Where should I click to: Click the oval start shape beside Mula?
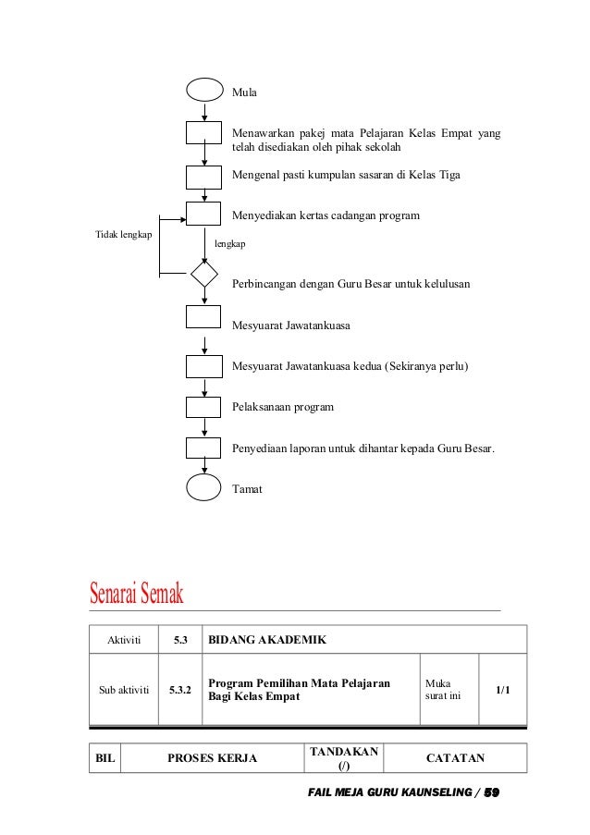click(x=203, y=92)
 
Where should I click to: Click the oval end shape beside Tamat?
click(x=203, y=487)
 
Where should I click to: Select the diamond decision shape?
click(x=203, y=275)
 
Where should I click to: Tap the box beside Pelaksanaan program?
click(x=203, y=407)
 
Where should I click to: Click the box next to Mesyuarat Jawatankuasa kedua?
click(x=203, y=366)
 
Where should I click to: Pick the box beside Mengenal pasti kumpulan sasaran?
click(x=203, y=176)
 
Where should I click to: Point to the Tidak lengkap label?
click(x=124, y=235)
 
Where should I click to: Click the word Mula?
click(x=244, y=93)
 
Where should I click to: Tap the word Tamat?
click(x=247, y=489)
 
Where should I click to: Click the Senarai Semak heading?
click(x=137, y=593)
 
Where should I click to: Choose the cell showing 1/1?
click(x=502, y=690)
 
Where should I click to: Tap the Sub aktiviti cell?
click(x=123, y=690)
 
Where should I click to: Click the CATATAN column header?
click(x=455, y=758)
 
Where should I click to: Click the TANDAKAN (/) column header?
click(x=343, y=758)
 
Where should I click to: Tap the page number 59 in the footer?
click(x=492, y=793)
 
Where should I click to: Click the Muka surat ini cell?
click(x=449, y=690)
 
